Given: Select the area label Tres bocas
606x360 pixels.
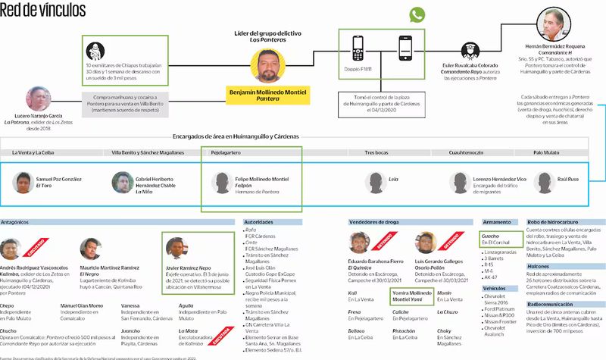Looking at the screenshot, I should pos(376,152).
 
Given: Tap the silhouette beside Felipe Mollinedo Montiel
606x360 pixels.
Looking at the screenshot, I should pos(221,182).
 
